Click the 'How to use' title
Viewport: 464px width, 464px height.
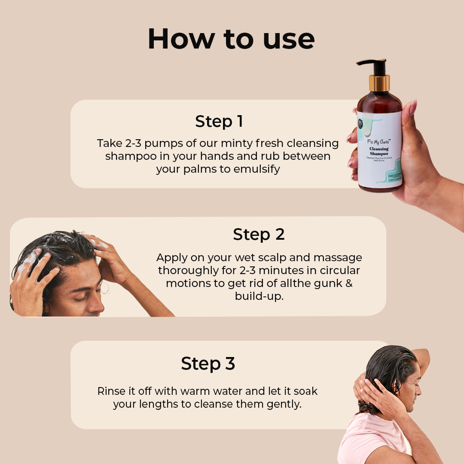[x=231, y=39]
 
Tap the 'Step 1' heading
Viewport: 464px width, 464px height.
[x=219, y=122]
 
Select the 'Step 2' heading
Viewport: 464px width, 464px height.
[x=259, y=235]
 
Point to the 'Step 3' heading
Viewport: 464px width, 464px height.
[x=208, y=363]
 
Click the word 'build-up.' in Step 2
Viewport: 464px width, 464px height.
[x=259, y=296]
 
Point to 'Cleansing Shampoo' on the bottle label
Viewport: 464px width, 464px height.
[x=379, y=151]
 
